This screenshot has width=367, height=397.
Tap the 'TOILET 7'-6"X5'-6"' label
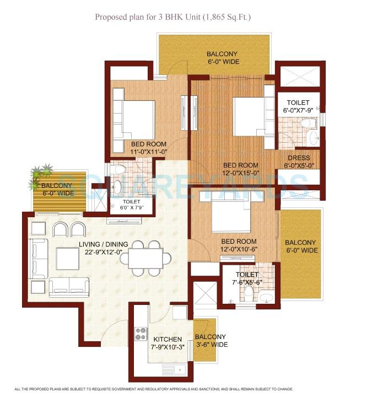pyautogui.click(x=246, y=278)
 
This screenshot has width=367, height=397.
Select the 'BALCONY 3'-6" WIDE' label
pyautogui.click(x=210, y=341)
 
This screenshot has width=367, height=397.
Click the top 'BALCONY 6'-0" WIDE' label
pyautogui.click(x=222, y=58)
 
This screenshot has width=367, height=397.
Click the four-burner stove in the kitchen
pyautogui.click(x=141, y=334)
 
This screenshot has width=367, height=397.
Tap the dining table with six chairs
pyautogui.click(x=147, y=257)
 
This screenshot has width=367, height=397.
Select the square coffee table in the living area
pyautogui.click(x=68, y=258)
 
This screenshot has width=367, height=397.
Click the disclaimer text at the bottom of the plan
pyautogui.click(x=183, y=389)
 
